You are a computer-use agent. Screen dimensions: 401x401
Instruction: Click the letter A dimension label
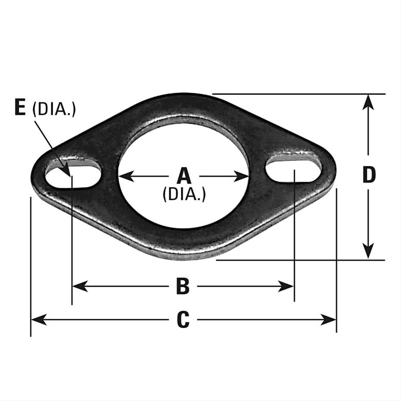click(x=184, y=176)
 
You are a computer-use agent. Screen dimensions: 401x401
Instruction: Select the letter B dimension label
click(x=183, y=286)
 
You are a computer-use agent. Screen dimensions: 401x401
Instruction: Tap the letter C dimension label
click(x=183, y=319)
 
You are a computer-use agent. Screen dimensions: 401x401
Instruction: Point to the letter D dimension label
click(x=369, y=175)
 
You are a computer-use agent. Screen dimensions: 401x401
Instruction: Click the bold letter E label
click(x=20, y=107)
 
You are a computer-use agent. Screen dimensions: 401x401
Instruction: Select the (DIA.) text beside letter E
click(x=54, y=110)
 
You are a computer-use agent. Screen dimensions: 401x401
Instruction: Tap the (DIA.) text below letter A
click(x=184, y=194)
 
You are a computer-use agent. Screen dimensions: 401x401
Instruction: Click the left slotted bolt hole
click(x=73, y=173)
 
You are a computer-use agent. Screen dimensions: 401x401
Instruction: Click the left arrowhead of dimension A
click(x=126, y=176)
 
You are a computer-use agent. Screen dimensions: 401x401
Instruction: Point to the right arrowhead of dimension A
click(x=242, y=176)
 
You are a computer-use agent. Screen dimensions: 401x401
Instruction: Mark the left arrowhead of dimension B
click(x=80, y=286)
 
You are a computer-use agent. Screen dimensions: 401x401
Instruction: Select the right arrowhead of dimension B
click(x=286, y=286)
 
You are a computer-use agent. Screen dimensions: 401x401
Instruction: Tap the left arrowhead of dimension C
click(x=39, y=319)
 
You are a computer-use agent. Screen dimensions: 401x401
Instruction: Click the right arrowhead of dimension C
click(x=328, y=319)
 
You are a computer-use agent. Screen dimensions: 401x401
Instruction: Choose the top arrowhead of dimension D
click(x=368, y=102)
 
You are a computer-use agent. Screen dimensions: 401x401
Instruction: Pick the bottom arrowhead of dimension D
click(x=368, y=251)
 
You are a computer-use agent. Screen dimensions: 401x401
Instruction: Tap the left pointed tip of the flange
click(x=31, y=176)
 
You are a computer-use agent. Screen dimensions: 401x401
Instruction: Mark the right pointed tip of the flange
click(x=336, y=171)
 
